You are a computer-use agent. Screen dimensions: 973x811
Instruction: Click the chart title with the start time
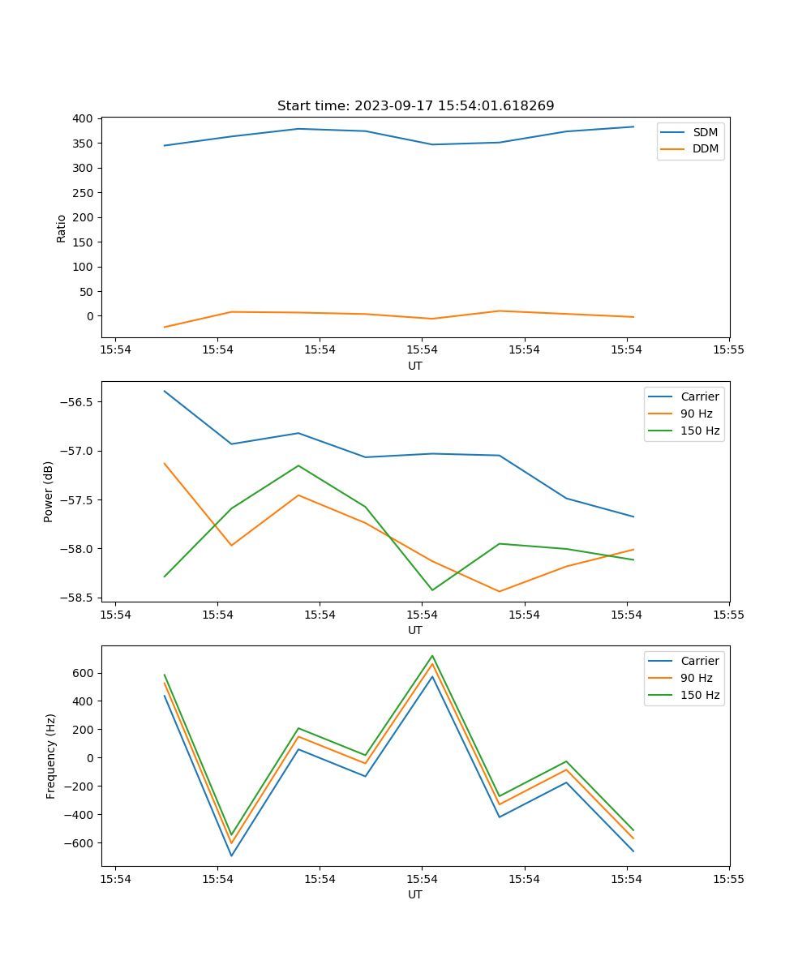415,106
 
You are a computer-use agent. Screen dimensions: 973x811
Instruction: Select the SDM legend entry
705,132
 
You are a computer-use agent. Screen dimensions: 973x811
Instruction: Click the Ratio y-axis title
62,227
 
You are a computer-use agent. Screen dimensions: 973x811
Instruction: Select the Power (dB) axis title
49,491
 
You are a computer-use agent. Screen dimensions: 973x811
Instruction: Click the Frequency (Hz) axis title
51,756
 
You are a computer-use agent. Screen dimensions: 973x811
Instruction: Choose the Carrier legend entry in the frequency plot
699,661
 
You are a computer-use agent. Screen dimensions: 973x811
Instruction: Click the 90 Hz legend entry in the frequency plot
696,678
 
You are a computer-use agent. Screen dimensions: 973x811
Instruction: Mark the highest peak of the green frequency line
432,656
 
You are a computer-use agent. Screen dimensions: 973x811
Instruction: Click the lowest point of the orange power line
499,591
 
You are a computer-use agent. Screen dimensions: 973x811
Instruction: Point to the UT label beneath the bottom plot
415,894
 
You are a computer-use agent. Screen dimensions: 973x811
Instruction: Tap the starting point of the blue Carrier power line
165,391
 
